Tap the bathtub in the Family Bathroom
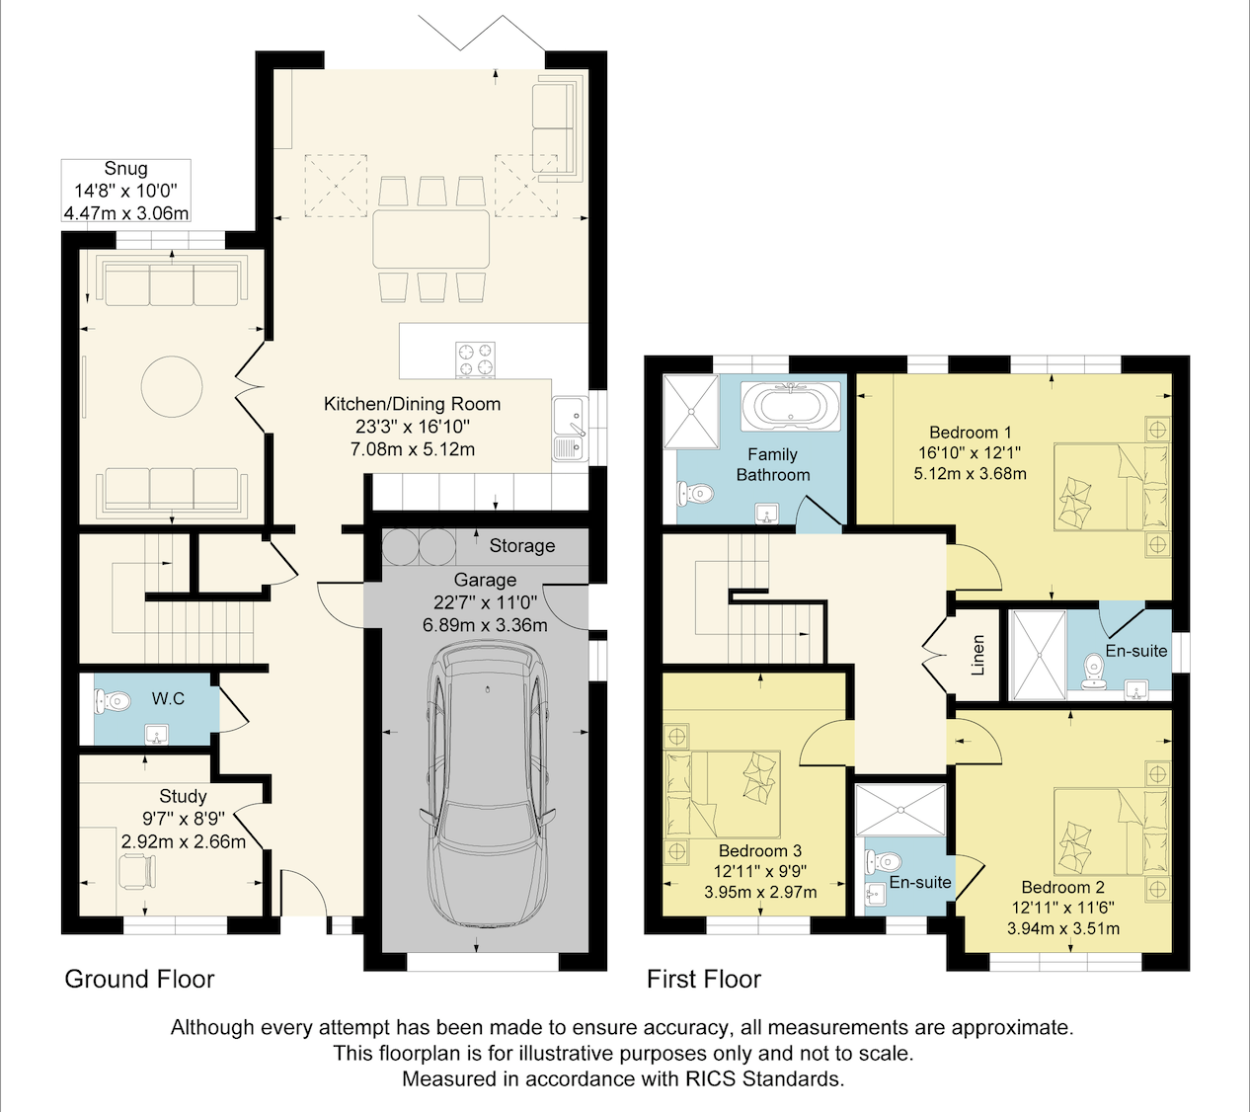[x=790, y=406]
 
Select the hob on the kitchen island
[x=475, y=359]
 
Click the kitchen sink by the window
[x=570, y=429]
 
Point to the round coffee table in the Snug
[x=172, y=387]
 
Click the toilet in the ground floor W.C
[x=113, y=701]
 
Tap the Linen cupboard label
[x=977, y=655]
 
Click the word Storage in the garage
[x=522, y=545]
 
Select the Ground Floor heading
[x=139, y=980]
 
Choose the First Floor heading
[x=704, y=980]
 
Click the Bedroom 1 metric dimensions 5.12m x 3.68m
[x=970, y=474]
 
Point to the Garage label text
[x=485, y=580]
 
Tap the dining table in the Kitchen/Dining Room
[x=431, y=239]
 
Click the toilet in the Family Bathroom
[x=695, y=493]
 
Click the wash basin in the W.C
[x=157, y=735]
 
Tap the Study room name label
[x=183, y=797]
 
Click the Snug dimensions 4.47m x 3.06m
[x=126, y=213]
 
